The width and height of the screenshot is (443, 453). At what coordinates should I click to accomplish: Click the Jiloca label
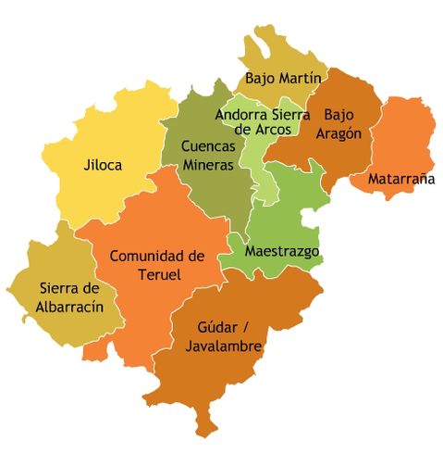(103, 166)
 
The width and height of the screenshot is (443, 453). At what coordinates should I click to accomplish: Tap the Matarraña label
(401, 179)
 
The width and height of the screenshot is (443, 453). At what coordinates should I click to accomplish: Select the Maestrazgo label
(282, 251)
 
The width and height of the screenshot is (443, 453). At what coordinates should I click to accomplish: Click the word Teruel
(156, 274)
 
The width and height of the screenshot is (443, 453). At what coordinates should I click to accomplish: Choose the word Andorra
(241, 115)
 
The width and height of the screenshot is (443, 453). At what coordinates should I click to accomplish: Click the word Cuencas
(208, 146)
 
